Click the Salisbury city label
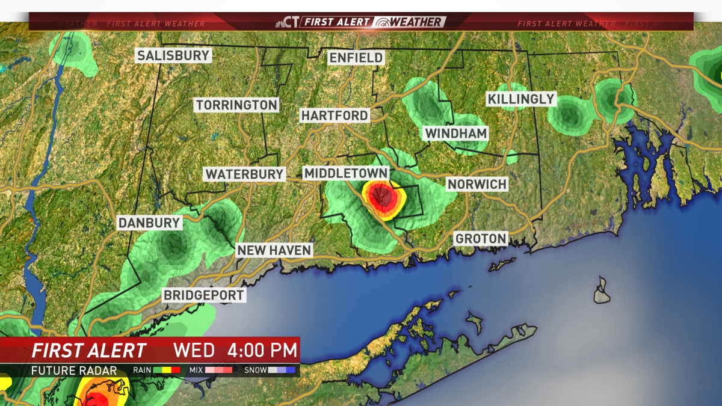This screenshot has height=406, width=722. coord(173,56)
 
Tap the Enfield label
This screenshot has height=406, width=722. coord(356,58)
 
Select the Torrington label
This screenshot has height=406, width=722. coord(236,105)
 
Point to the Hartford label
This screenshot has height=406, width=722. coord(335,115)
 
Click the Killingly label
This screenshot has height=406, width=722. coord(520,99)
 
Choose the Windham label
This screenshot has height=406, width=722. coord(456,133)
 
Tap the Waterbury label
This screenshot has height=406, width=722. coord(244,174)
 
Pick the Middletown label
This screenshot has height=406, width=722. coord(345,173)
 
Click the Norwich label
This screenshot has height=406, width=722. coord(477,184)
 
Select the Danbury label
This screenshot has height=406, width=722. coord(149,223)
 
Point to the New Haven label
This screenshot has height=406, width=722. coord(274,250)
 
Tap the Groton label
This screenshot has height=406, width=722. coord(481,239)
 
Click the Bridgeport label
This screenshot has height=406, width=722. coord(204,295)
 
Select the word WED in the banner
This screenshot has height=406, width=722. coord(194,350)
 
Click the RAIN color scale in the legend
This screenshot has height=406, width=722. coord(167,370)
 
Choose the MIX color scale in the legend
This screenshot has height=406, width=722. coord(219,370)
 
